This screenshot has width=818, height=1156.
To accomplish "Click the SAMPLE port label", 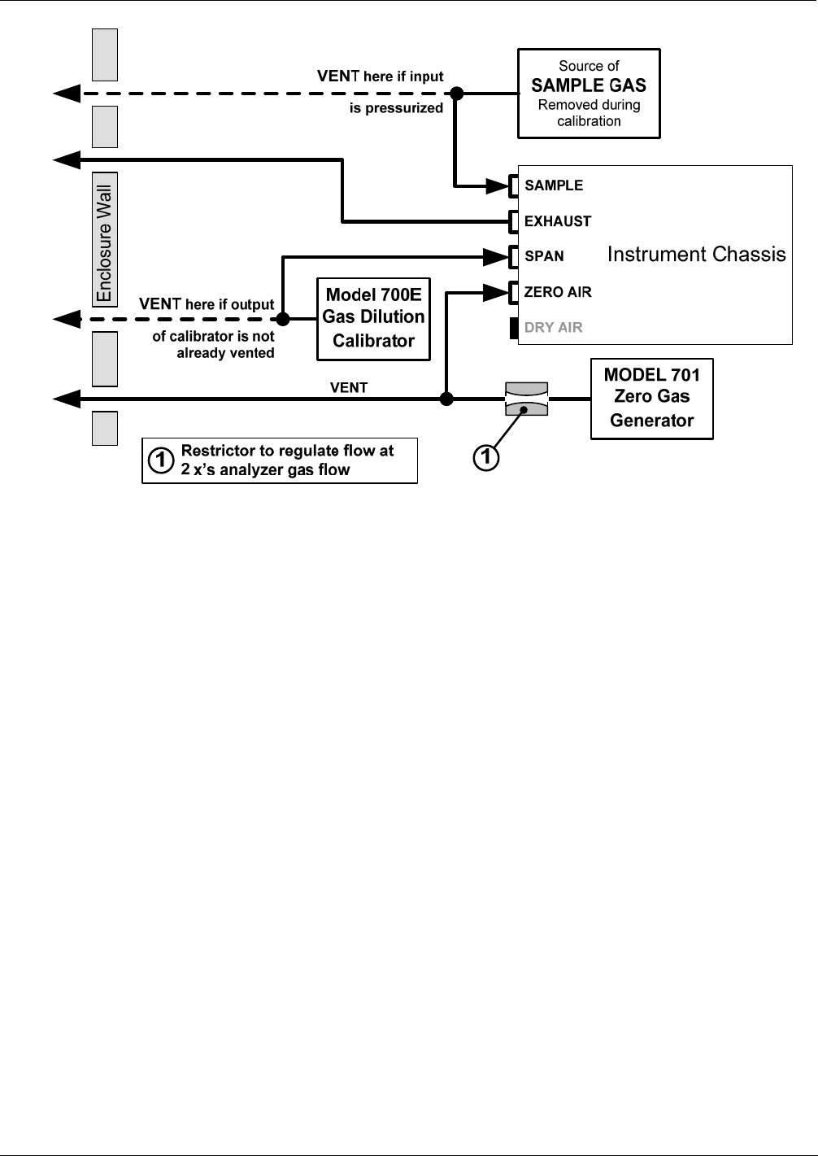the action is click(554, 185).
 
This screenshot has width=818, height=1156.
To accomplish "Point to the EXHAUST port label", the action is click(558, 221).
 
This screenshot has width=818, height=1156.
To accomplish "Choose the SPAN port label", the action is click(544, 256).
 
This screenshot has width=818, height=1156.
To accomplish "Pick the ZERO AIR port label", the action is click(558, 292).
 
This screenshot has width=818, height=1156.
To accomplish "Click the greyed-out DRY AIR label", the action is click(553, 327).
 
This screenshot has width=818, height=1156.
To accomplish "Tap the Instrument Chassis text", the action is click(696, 254).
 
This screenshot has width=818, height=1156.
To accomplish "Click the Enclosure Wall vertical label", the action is click(105, 242).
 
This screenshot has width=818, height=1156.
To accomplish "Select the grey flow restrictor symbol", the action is click(526, 399).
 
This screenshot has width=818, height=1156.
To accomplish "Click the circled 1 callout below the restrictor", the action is click(486, 457).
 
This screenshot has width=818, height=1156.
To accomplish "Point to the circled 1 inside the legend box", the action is click(161, 460).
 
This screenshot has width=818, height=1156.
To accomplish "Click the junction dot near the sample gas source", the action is click(456, 94).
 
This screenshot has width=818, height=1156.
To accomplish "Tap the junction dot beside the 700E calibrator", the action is click(283, 319).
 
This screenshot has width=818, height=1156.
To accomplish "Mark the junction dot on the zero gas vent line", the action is click(446, 399).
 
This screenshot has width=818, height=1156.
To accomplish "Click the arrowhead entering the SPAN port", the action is click(496, 256).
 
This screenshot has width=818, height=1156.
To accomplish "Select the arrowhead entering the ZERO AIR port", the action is click(496, 293).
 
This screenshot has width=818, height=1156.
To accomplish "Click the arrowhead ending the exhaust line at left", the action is click(67, 160).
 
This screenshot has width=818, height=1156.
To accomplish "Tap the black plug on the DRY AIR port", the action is click(514, 328).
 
